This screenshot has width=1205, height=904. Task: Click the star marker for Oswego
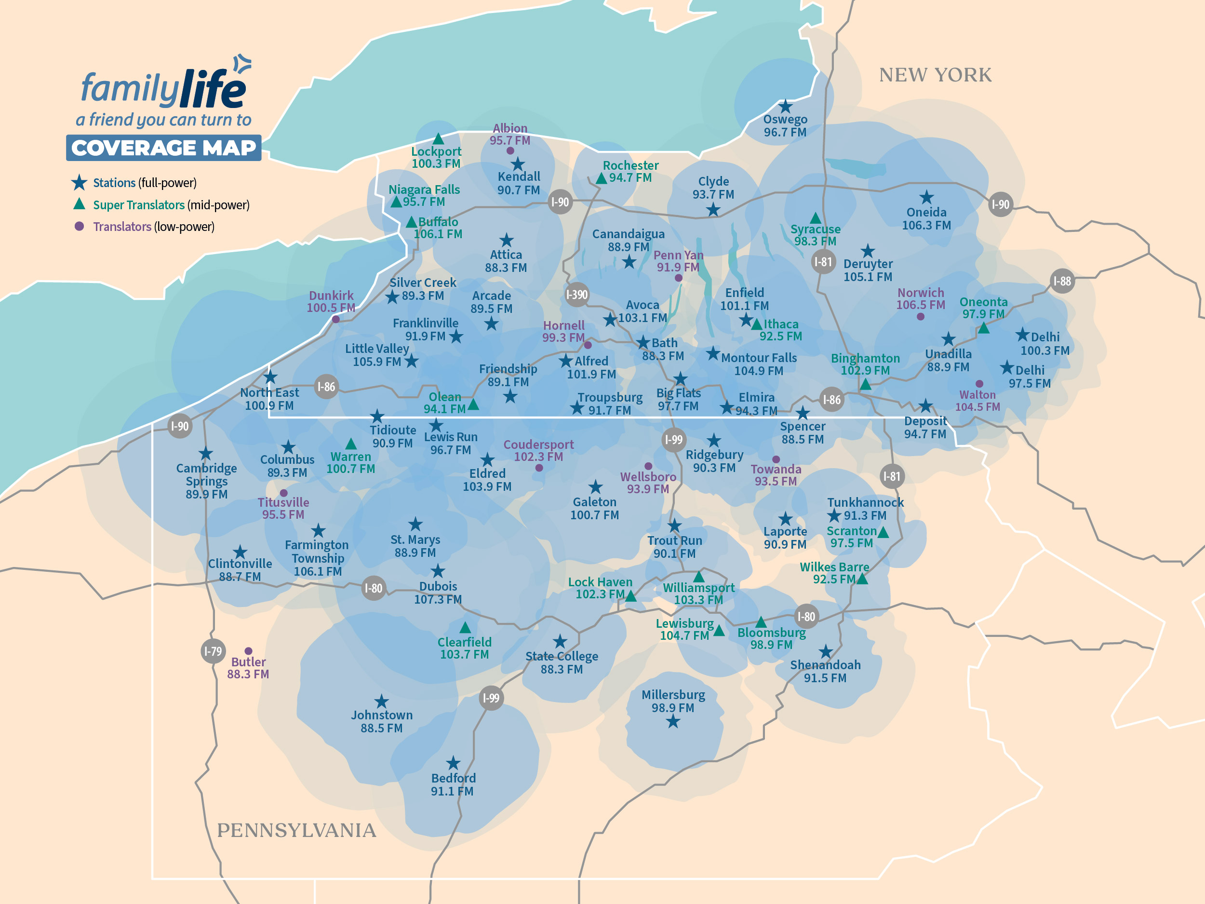pyautogui.click(x=785, y=106)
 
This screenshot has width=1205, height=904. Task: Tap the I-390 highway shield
pyautogui.click(x=576, y=295)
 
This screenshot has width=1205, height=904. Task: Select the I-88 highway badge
pyautogui.click(x=1062, y=281)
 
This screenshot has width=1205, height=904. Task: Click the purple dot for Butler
pyautogui.click(x=248, y=650)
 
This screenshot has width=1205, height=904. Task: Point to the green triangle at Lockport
pyautogui.click(x=438, y=139)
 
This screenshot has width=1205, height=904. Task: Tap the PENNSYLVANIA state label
pyautogui.click(x=296, y=830)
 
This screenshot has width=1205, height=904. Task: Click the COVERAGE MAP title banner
pyautogui.click(x=163, y=148)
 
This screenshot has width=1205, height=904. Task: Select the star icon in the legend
pyautogui.click(x=80, y=183)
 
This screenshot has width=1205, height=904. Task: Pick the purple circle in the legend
pyautogui.click(x=80, y=226)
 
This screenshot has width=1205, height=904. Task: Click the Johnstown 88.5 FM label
pyautogui.click(x=381, y=721)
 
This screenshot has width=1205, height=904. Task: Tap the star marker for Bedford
pyautogui.click(x=453, y=763)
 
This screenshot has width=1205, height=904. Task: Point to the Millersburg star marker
pyautogui.click(x=673, y=722)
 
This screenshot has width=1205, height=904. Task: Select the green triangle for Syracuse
pyautogui.click(x=815, y=218)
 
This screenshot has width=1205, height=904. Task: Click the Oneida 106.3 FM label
pyautogui.click(x=926, y=218)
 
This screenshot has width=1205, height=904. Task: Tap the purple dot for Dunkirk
pyautogui.click(x=336, y=319)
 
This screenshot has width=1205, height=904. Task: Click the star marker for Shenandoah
pyautogui.click(x=825, y=651)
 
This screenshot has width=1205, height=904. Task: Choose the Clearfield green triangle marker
pyautogui.click(x=465, y=628)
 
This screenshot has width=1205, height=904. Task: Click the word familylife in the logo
pyautogui.click(x=163, y=88)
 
